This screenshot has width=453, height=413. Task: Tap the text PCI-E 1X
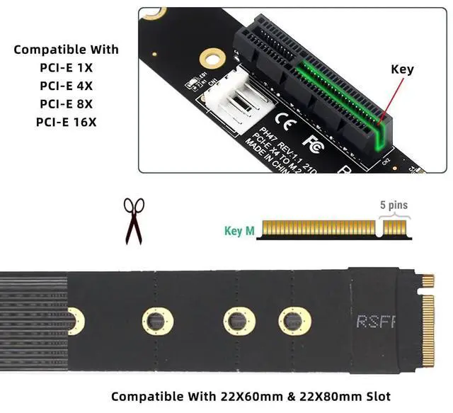point(67,68)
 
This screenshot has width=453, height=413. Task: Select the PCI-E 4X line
point(67,86)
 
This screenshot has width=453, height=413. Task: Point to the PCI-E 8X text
point(67,104)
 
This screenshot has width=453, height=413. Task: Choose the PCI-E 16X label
point(67,123)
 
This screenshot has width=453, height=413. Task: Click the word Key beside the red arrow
point(402,69)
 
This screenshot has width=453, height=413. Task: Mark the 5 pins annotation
point(394,205)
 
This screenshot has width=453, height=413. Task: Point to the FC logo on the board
point(314,132)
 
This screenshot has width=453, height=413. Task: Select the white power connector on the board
point(231,106)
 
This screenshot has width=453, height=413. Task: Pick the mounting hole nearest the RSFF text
point(294,321)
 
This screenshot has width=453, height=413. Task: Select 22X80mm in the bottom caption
point(323,396)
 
